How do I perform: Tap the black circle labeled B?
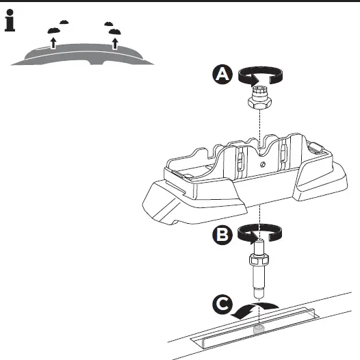pos(222,235)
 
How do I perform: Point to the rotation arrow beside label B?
pos(261,234)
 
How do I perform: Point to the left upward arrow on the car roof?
pos(53,44)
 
